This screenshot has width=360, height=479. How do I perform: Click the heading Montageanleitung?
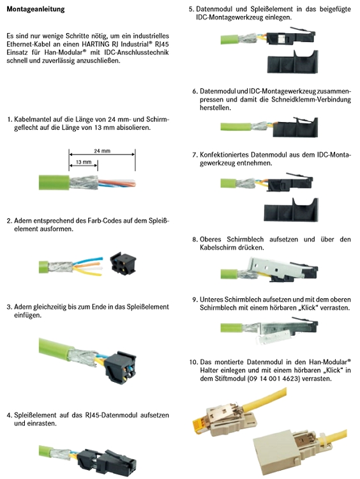(x=36, y=9)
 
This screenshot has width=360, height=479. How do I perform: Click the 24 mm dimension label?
(x=102, y=151)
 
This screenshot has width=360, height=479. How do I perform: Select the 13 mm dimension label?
(x=84, y=162)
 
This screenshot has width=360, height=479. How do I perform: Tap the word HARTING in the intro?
(x=94, y=44)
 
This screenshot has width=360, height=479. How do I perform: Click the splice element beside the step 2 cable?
(x=123, y=262)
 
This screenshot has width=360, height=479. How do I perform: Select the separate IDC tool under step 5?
(x=292, y=62)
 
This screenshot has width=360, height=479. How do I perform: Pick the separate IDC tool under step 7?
(x=290, y=210)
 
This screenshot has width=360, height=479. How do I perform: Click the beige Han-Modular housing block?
(x=274, y=449)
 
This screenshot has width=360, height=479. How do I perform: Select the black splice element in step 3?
(x=120, y=368)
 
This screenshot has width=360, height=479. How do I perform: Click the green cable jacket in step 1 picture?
(x=54, y=183)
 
